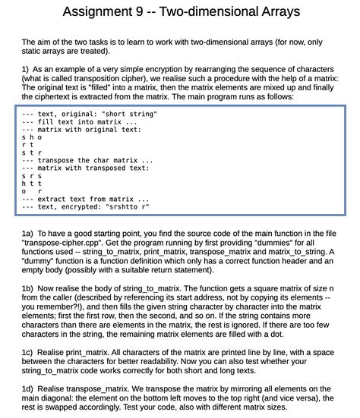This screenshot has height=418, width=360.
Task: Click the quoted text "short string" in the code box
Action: pyautogui.click(x=129, y=114)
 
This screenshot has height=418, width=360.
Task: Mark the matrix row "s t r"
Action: pyautogui.click(x=33, y=152)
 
